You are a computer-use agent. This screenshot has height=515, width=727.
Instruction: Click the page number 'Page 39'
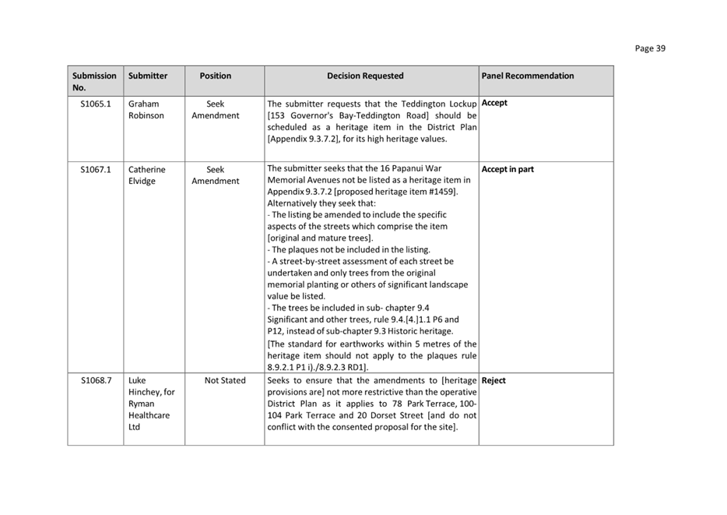[x=650, y=48]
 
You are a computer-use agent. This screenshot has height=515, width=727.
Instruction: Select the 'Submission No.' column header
[x=94, y=82]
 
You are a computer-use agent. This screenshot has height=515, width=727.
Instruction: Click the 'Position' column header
[x=216, y=76]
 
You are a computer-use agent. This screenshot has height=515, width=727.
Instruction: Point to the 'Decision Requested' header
[x=365, y=76]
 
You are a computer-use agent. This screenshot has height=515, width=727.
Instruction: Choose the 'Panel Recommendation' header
[x=528, y=76]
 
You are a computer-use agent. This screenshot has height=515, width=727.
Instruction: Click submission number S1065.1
[x=96, y=104]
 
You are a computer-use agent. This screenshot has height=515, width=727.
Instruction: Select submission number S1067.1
[x=96, y=170]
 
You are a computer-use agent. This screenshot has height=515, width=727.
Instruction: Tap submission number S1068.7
[x=96, y=381]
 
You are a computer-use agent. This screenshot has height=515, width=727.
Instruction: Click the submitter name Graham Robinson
[x=146, y=110]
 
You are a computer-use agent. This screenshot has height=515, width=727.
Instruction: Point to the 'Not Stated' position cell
[x=225, y=381]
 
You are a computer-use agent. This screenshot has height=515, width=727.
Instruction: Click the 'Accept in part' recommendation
[x=507, y=170]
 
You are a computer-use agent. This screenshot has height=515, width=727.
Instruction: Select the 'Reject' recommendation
[x=493, y=381]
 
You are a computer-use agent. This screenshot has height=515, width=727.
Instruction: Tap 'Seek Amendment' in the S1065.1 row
[x=216, y=110]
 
